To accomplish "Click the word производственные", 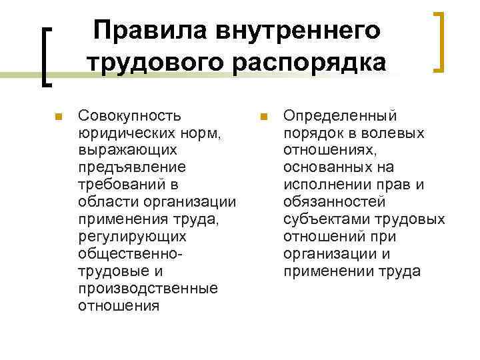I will click(x=147, y=288).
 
